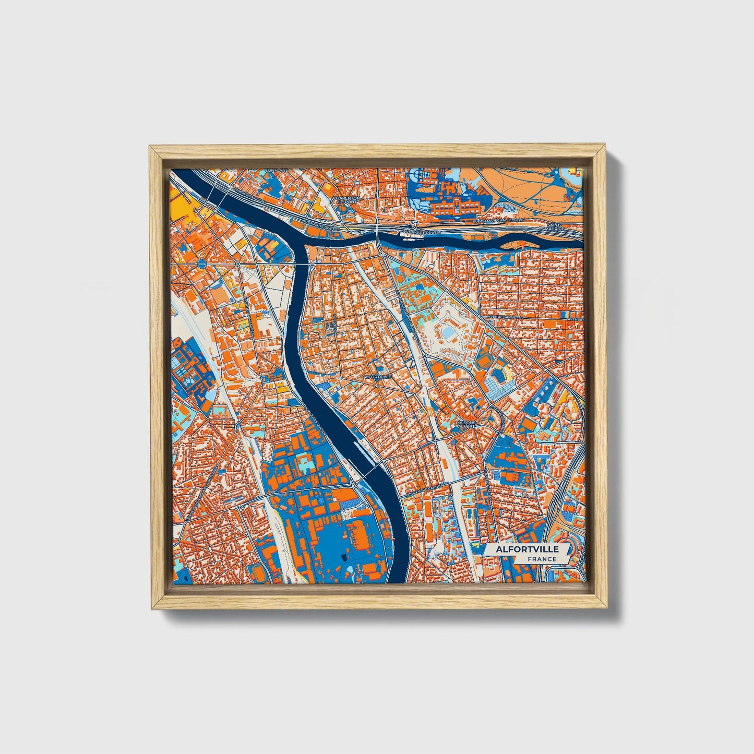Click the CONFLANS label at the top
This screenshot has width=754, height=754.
click(x=277, y=171)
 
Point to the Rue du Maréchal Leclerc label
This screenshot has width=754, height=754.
click(x=495, y=222)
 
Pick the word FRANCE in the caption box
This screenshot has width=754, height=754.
click(x=541, y=559)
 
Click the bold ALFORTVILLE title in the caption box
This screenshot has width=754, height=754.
click(x=527, y=549)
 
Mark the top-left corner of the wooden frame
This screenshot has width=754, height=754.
click(x=150, y=146)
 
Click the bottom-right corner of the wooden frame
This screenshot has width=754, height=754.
click(x=607, y=608)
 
